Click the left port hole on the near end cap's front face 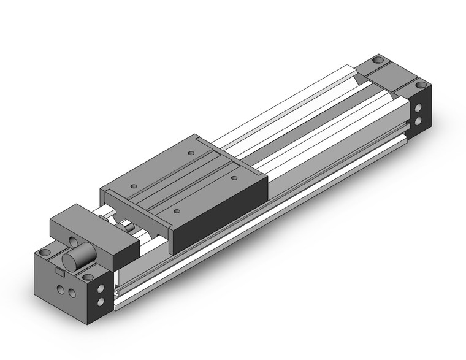pos(60,288)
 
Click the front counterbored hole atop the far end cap pos(420,85)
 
